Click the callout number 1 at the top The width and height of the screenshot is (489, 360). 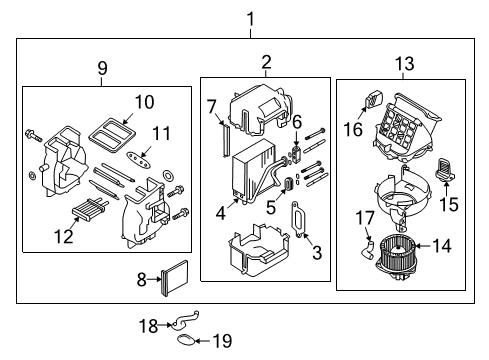[251, 17]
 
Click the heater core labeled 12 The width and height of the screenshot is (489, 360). [87, 212]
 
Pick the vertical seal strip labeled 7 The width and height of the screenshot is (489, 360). [217, 137]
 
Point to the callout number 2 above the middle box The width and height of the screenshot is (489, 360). [266, 63]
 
